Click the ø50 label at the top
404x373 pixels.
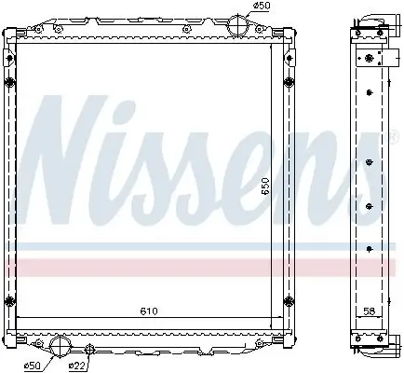point(264,7)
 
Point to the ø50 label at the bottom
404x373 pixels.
point(32,365)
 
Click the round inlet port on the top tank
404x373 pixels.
point(240,23)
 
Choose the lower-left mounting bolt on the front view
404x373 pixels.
point(10,301)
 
